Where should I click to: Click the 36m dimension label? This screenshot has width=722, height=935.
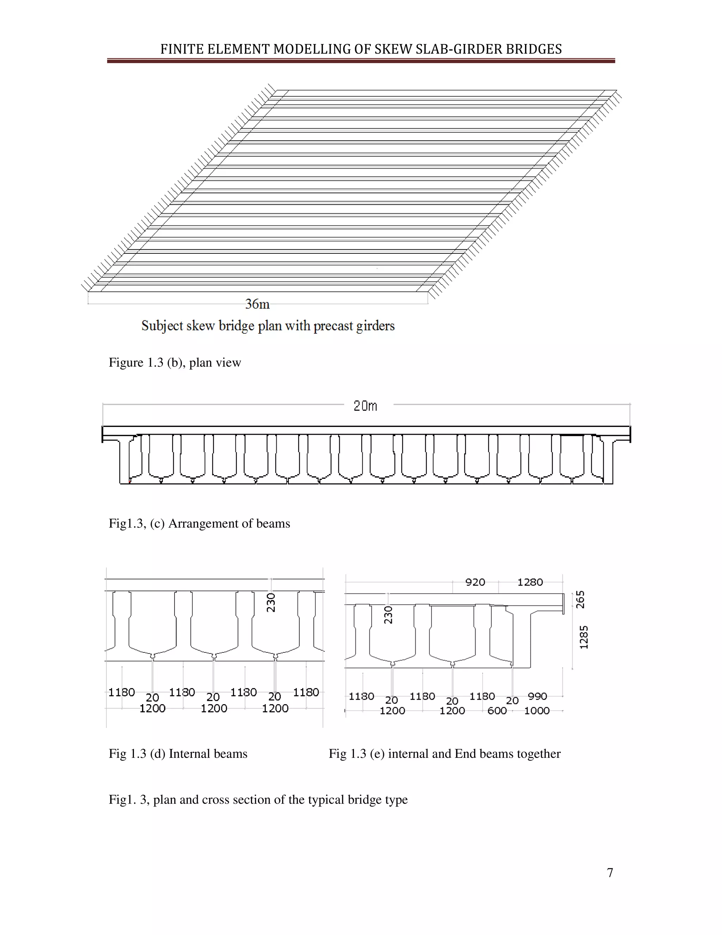click(257, 304)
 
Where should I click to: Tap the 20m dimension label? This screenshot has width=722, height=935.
click(365, 405)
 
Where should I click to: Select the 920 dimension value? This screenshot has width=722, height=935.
click(475, 582)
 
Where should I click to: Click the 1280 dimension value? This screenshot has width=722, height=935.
click(530, 582)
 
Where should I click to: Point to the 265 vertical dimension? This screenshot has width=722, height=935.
click(580, 599)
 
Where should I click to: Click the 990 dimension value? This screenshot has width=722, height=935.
click(537, 696)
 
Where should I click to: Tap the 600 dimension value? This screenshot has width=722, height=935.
click(497, 711)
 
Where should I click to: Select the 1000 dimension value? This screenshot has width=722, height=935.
click(537, 711)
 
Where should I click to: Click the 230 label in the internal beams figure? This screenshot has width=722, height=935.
click(271, 602)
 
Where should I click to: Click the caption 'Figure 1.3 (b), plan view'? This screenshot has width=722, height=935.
click(175, 363)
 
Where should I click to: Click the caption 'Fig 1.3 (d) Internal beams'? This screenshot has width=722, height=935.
click(178, 754)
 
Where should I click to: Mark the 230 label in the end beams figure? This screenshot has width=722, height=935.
click(388, 615)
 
